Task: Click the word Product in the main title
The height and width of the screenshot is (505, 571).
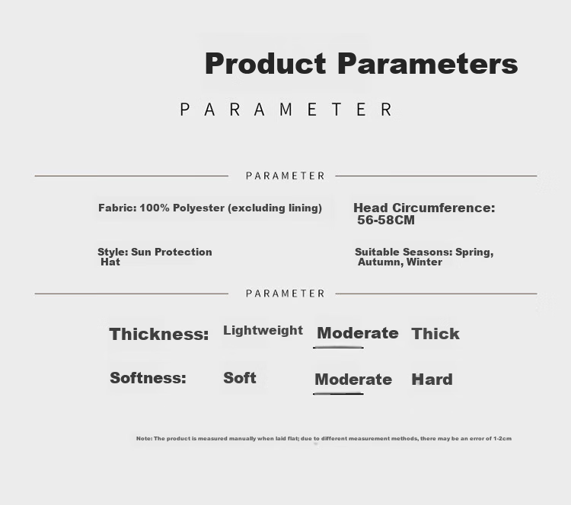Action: click(x=266, y=63)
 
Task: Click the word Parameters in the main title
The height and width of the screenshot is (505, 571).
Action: click(x=428, y=63)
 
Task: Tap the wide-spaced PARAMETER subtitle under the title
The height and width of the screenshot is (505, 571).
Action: click(x=286, y=110)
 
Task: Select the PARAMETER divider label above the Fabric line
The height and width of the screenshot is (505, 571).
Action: click(x=285, y=176)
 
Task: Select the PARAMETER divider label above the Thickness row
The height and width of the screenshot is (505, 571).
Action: click(x=285, y=294)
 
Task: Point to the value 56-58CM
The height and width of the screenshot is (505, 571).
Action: click(x=386, y=220)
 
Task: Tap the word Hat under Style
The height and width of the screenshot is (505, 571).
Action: click(x=110, y=262)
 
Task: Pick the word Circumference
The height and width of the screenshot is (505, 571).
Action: click(x=444, y=208)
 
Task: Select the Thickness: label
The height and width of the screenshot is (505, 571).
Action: click(x=159, y=334)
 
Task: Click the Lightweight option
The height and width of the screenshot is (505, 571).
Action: click(x=263, y=331)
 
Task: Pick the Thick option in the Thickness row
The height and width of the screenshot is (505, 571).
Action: click(x=435, y=334)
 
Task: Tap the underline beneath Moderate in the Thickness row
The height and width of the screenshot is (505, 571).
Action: click(x=338, y=348)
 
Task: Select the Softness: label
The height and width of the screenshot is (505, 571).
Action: click(x=148, y=378)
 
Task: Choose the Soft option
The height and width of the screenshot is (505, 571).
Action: click(x=240, y=378)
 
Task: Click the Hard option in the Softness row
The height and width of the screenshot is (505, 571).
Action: click(x=432, y=380)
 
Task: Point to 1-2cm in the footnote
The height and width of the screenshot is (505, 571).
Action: click(x=502, y=438)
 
